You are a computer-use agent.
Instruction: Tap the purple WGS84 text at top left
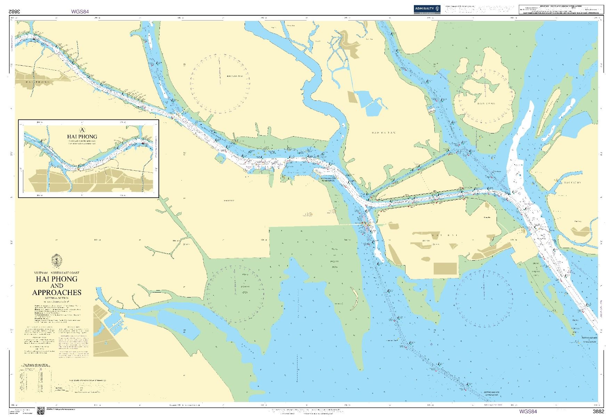[80, 11]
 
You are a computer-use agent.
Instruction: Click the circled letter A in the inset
[82, 130]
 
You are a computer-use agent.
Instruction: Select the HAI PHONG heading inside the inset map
[82, 137]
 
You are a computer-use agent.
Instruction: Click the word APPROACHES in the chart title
[57, 292]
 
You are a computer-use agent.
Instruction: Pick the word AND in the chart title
[57, 286]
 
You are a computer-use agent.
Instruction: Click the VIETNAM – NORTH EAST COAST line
[57, 273]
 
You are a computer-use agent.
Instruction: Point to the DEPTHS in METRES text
[57, 298]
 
